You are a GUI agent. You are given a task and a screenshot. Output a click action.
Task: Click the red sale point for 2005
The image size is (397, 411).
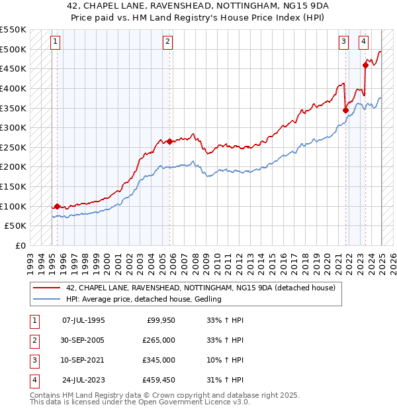point(169,141)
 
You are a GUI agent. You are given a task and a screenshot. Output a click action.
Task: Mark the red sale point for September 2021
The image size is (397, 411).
point(345,110)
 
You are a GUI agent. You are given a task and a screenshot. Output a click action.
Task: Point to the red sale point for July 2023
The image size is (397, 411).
point(366,65)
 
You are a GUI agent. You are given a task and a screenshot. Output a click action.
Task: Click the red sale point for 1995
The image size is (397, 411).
point(57,206)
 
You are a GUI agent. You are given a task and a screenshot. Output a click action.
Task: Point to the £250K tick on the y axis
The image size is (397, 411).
point(13,147)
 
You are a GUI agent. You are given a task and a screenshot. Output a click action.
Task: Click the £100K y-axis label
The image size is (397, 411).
point(13,206)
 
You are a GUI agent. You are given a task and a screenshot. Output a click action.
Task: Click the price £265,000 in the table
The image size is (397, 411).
point(159,340)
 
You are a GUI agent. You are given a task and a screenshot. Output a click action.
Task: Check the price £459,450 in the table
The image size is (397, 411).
point(159,380)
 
